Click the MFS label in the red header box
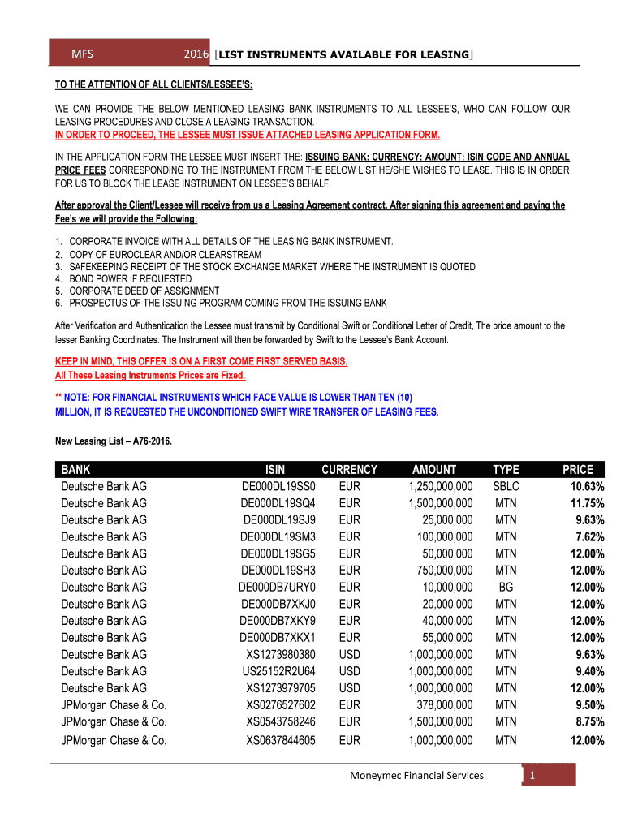[82, 54]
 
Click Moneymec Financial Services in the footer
[416, 776]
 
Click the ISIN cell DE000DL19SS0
[278, 486]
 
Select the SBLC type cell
[506, 486]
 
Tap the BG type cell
[506, 587]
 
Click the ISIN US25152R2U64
[278, 671]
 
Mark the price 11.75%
[585, 503]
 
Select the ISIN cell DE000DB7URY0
[277, 587]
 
